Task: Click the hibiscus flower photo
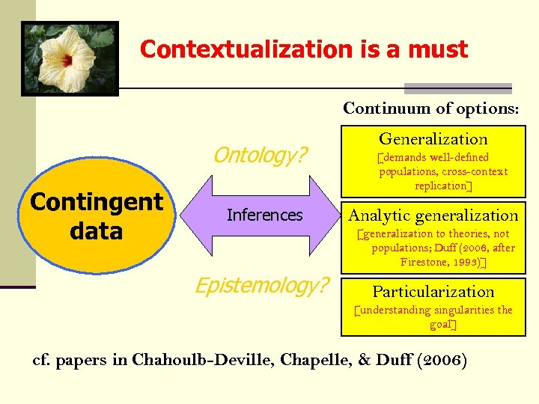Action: [70, 58]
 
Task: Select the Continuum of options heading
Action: [430, 108]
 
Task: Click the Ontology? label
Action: [260, 155]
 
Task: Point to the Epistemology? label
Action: [261, 285]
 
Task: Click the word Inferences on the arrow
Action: [264, 215]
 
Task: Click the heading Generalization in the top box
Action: [433, 138]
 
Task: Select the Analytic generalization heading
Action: [433, 215]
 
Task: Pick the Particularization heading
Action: [433, 291]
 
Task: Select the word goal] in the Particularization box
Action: [442, 324]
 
